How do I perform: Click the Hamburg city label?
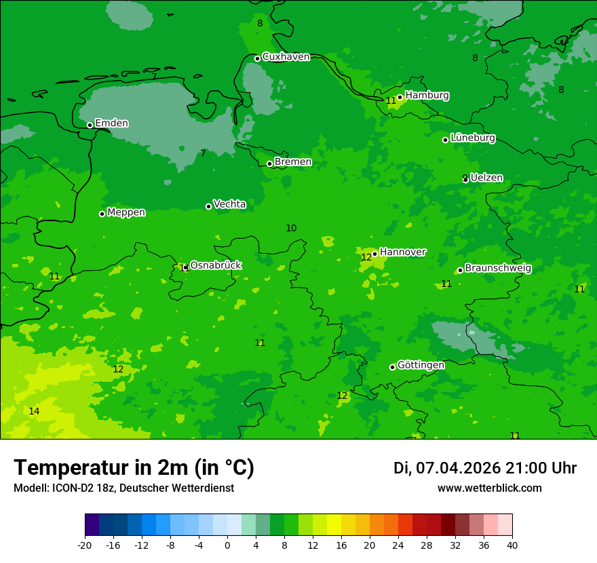tap(427, 96)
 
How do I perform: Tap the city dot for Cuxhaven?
tap(258, 58)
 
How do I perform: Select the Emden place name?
tap(111, 123)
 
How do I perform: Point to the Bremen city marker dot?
tap(269, 163)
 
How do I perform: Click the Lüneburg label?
tap(472, 138)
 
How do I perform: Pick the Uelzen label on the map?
tap(486, 178)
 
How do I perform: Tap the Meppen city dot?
tap(102, 214)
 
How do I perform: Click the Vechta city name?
tap(229, 204)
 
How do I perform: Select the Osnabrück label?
tap(215, 265)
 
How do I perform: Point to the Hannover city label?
tap(402, 252)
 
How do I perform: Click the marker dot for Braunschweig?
tap(460, 270)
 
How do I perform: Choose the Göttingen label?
tap(421, 365)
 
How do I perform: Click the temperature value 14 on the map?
tap(34, 411)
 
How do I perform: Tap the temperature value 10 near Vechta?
tap(291, 228)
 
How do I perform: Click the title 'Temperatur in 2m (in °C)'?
tap(134, 467)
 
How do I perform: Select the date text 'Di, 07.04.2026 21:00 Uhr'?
tap(485, 468)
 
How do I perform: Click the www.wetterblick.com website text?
tap(489, 488)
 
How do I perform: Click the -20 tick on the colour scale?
tap(85, 545)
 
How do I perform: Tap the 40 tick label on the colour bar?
tap(512, 545)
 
